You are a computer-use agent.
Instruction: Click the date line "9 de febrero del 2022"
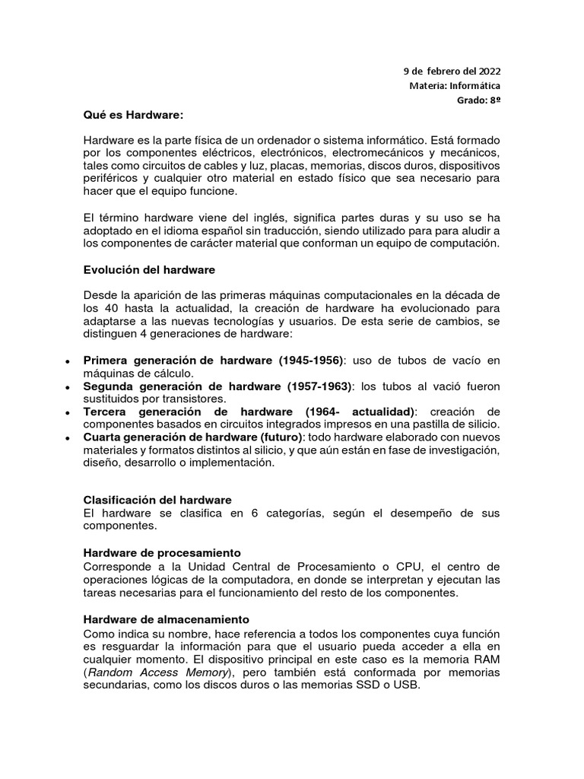pos(452,71)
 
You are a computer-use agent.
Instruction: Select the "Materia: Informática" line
pos(455,85)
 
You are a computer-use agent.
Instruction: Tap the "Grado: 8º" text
pos(478,100)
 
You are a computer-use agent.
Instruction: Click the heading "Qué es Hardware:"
pos(133,115)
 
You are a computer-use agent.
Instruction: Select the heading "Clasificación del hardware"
pos(157,500)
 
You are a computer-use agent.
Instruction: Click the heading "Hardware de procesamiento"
pos(162,552)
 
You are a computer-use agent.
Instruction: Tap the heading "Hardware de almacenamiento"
pos(166,619)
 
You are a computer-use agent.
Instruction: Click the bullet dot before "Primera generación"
pos(69,361)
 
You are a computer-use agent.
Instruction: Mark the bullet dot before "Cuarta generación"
pos(69,438)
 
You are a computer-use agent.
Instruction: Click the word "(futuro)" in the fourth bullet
pos(281,437)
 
